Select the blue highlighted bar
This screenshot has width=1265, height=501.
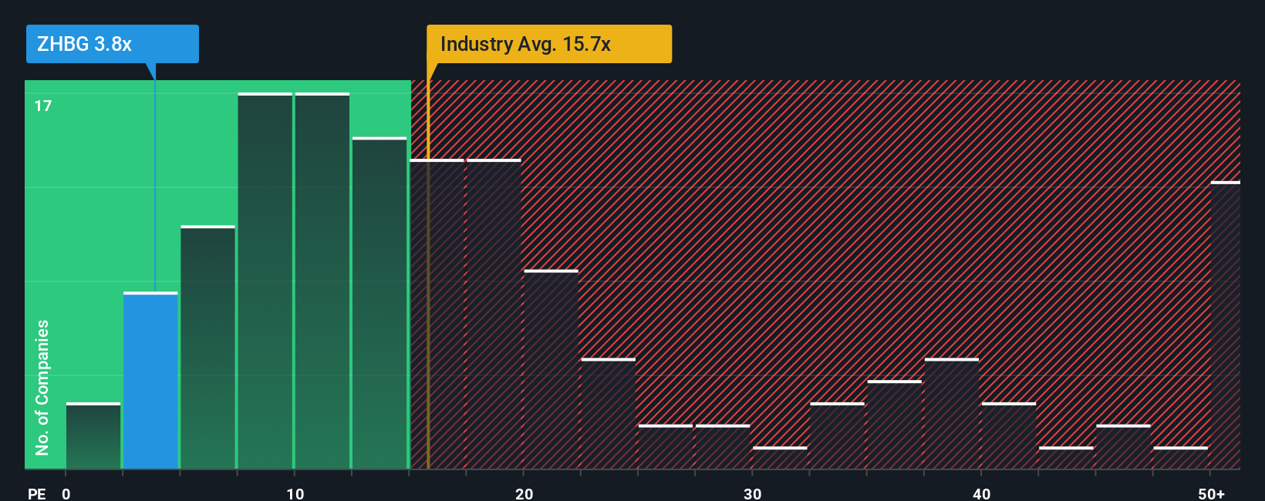tap(150, 381)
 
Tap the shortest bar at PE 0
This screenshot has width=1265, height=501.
tap(93, 435)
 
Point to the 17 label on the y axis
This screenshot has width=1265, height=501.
tap(43, 106)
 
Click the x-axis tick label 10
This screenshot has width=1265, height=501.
tap(295, 493)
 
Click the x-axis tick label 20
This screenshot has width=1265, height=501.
tap(524, 493)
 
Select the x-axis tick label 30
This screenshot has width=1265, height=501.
tap(752, 493)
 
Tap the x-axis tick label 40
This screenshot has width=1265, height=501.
tap(981, 493)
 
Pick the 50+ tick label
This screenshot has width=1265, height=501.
tap(1211, 493)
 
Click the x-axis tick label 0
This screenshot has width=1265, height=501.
tap(66, 493)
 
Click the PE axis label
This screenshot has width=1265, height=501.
tap(36, 493)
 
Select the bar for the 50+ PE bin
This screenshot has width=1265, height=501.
tap(1225, 325)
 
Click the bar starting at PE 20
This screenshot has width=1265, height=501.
tap(551, 369)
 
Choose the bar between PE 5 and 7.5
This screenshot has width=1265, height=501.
tap(207, 348)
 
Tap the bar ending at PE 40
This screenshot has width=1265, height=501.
tap(952, 414)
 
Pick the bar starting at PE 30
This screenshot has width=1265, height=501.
tap(780, 458)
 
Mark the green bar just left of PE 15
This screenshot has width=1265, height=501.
tap(379, 303)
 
